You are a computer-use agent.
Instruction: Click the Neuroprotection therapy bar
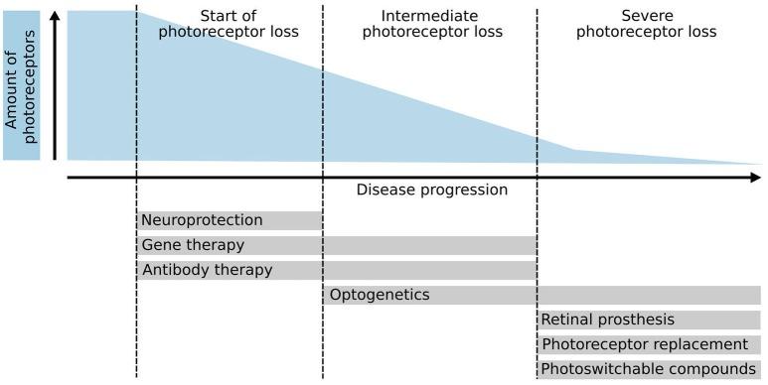pyautogui.click(x=230, y=220)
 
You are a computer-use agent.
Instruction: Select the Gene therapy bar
pyautogui.click(x=336, y=245)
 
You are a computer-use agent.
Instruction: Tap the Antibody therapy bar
pyautogui.click(x=336, y=270)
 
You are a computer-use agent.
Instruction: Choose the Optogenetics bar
pyautogui.click(x=541, y=295)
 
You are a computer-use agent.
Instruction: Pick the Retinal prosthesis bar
pyautogui.click(x=650, y=320)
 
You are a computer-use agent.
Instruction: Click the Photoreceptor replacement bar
pyautogui.click(x=650, y=344)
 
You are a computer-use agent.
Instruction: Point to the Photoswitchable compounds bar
pyautogui.click(x=650, y=369)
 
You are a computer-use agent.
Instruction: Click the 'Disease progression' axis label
pyautogui.click(x=431, y=190)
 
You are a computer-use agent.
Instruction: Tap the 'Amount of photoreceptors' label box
pyautogui.click(x=21, y=85)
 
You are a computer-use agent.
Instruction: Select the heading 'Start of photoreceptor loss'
pyautogui.click(x=229, y=24)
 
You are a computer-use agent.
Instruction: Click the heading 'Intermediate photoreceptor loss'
pyautogui.click(x=431, y=24)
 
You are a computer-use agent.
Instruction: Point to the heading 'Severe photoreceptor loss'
pyautogui.click(x=647, y=24)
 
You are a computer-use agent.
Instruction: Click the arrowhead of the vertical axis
pyautogui.click(x=55, y=19)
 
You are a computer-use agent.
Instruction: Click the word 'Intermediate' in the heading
pyautogui.click(x=431, y=16)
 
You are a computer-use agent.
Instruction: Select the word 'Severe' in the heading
pyautogui.click(x=647, y=16)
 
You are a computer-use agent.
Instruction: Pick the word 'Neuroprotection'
pyautogui.click(x=203, y=220)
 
